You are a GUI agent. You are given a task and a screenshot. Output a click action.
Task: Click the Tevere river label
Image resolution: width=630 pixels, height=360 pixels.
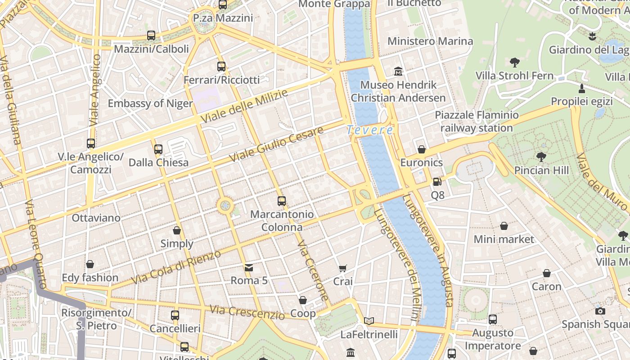pyautogui.click(x=370, y=130)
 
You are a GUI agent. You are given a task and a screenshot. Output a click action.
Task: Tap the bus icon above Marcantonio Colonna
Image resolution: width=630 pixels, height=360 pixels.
pyautogui.click(x=282, y=201)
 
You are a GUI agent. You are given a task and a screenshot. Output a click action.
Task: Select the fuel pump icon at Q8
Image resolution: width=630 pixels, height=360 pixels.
pyautogui.click(x=437, y=182)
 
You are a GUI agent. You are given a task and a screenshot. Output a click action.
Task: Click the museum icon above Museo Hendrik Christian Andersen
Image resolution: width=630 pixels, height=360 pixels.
pyautogui.click(x=398, y=72)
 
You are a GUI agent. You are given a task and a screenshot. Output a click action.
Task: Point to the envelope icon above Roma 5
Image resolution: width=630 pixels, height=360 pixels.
pyautogui.click(x=248, y=268)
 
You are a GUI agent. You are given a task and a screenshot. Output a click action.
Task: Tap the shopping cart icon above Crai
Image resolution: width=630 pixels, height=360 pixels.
pyautogui.click(x=343, y=269)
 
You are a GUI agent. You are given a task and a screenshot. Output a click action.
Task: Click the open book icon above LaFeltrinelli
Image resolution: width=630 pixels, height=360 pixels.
pyautogui.click(x=369, y=321)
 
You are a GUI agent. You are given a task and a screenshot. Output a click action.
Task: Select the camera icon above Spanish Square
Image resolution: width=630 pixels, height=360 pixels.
pyautogui.click(x=600, y=311)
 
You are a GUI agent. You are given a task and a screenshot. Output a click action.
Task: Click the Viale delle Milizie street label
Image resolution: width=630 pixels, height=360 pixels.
pyautogui.click(x=244, y=107)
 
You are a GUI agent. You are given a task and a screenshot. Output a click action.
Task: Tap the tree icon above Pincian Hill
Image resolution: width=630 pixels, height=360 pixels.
pyautogui.click(x=541, y=157)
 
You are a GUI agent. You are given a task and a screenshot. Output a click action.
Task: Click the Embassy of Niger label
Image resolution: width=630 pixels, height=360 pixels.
pyautogui.click(x=150, y=103)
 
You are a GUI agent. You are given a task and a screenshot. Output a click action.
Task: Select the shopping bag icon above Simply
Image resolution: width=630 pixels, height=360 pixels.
pyautogui.click(x=177, y=230)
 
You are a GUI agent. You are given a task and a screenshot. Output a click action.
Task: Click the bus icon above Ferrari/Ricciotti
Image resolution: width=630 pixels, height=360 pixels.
pyautogui.click(x=221, y=67)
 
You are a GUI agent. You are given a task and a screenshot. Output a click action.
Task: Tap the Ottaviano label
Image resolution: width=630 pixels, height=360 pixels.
pyautogui.click(x=96, y=218)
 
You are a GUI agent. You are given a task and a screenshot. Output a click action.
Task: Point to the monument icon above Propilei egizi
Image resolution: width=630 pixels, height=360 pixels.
pyautogui.click(x=582, y=88)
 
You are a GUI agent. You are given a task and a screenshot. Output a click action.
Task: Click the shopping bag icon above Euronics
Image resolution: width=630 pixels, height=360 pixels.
pyautogui.click(x=422, y=149)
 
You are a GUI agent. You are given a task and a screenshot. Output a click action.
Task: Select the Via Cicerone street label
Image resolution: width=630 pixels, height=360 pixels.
pyautogui.click(x=313, y=271)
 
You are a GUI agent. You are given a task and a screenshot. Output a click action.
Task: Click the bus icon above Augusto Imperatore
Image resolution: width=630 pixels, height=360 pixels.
pyautogui.click(x=493, y=319)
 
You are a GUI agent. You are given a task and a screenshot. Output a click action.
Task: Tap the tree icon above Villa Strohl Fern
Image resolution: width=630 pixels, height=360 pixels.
pyautogui.click(x=515, y=62)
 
